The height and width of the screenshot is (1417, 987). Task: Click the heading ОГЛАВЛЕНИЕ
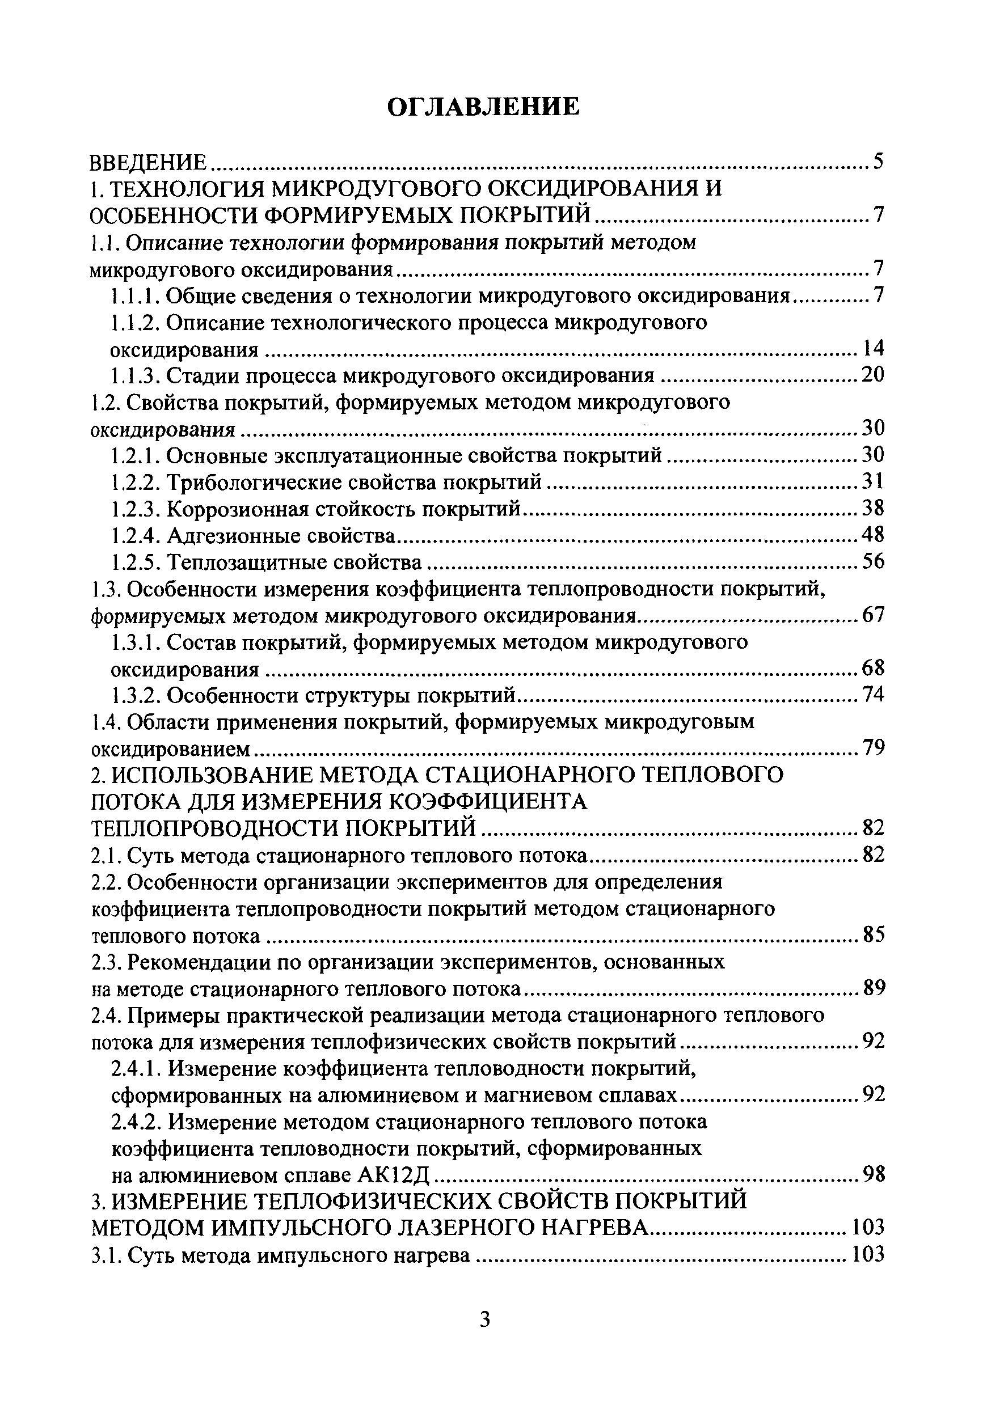(x=483, y=107)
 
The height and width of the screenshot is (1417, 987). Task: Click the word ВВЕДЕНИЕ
(x=148, y=163)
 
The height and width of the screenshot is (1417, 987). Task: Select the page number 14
(x=872, y=349)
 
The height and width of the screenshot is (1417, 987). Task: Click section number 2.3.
(x=106, y=962)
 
